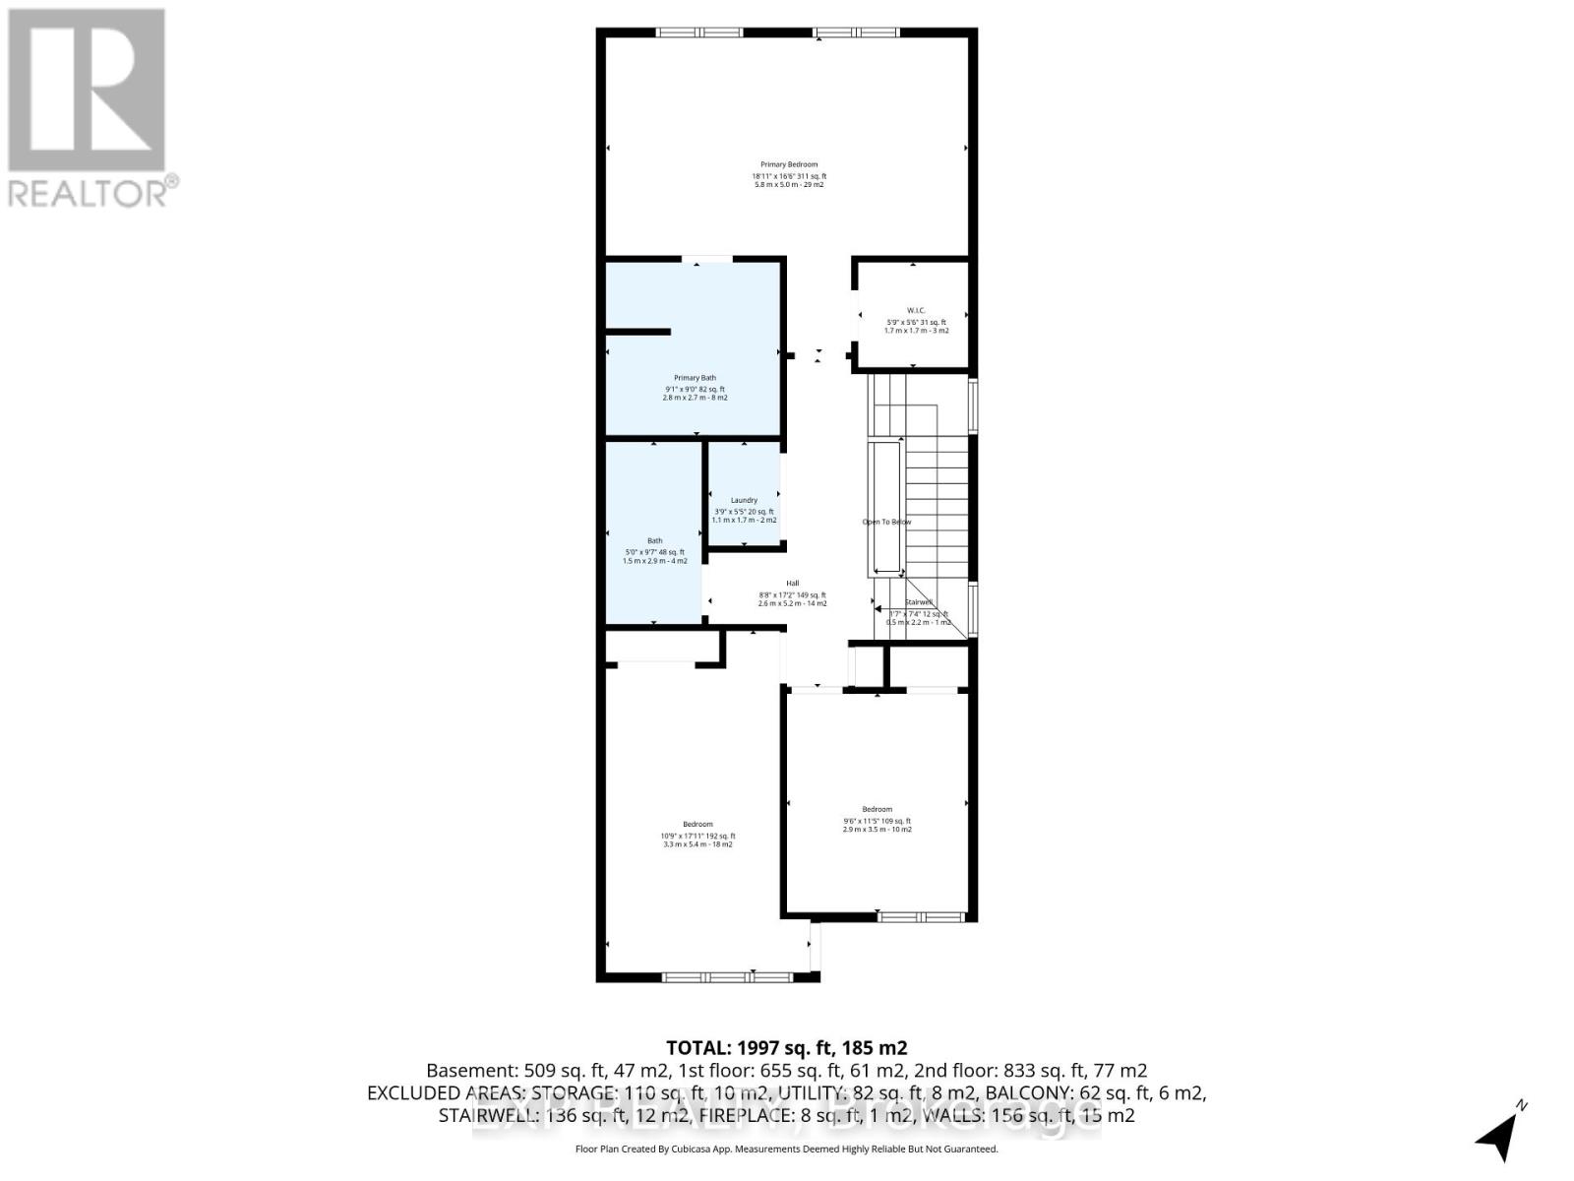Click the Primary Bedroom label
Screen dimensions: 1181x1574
[x=789, y=164]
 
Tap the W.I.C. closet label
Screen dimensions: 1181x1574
[x=916, y=310]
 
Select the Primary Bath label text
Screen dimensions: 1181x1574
[x=695, y=378]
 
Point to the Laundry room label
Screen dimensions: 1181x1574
[x=744, y=500]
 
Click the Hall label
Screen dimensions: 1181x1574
[x=792, y=584]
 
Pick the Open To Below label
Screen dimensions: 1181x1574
[x=886, y=522]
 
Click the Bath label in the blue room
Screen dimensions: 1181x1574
[x=654, y=540]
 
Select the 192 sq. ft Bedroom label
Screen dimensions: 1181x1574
[x=697, y=825]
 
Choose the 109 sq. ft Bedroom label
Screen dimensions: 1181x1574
[x=877, y=810]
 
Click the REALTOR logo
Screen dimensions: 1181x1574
[x=90, y=107]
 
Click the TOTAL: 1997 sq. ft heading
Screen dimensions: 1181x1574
[x=786, y=1047]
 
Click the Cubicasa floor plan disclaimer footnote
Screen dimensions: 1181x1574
[x=786, y=1149]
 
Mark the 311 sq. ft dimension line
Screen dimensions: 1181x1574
[x=789, y=176]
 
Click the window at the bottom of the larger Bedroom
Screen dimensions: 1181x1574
[x=725, y=976]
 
